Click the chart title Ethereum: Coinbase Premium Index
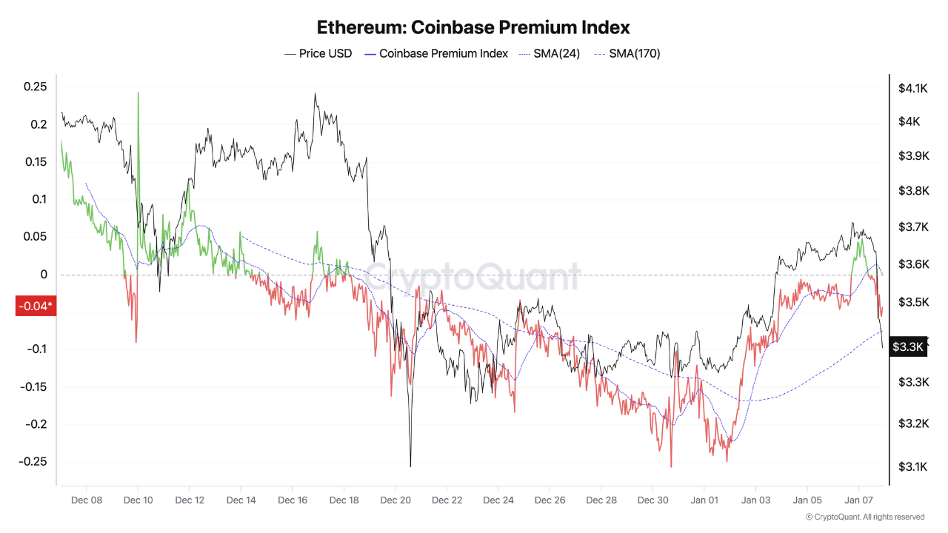point(473,27)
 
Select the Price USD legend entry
point(318,53)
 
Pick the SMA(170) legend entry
point(627,53)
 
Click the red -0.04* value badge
point(35,306)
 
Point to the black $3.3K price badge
point(907,346)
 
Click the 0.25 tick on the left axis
point(35,87)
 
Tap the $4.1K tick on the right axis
point(912,89)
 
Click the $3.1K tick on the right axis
point(912,466)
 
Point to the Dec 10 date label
point(138,500)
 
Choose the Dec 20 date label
point(395,500)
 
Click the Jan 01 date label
point(704,500)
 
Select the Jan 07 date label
point(858,500)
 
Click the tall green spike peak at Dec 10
point(138,93)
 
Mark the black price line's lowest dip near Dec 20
point(410,466)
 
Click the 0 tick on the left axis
point(44,275)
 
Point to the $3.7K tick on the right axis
point(912,227)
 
